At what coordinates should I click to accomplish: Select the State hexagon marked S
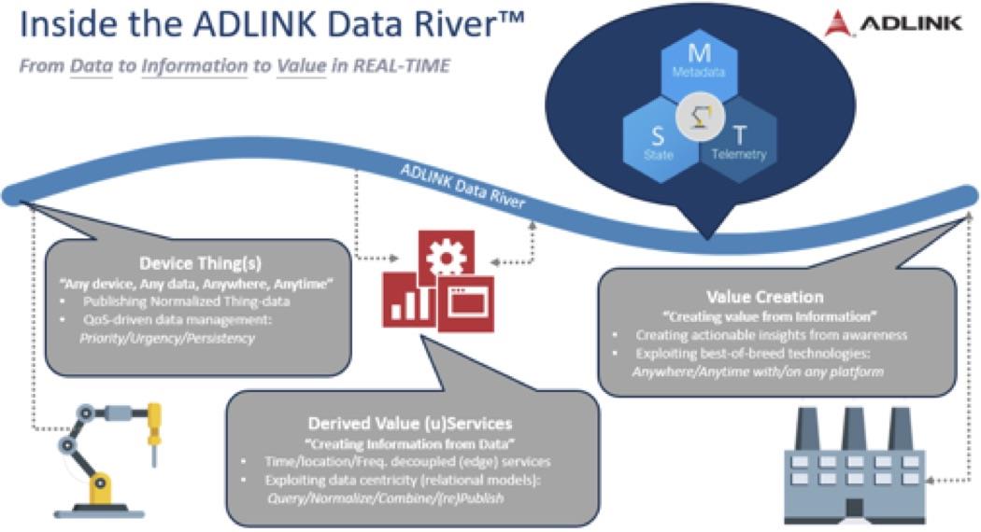660,140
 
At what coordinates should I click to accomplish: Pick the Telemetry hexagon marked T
738,140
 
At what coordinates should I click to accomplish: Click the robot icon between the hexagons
699,118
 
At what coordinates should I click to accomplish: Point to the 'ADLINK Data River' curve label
467,186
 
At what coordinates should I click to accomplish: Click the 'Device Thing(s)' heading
194,264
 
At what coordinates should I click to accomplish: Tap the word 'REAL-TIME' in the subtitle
405,67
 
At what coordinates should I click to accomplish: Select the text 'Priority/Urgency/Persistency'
182,338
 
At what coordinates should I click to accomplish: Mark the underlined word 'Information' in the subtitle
193,67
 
